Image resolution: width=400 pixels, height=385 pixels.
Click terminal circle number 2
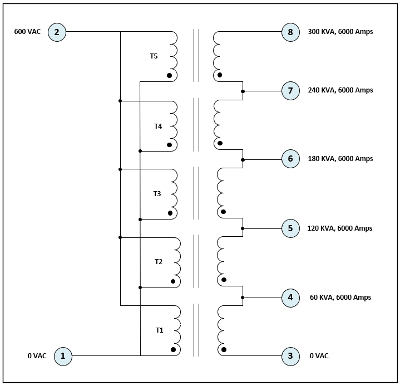pyautogui.click(x=57, y=32)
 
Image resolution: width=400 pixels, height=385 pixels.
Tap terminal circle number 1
pyautogui.click(x=63, y=355)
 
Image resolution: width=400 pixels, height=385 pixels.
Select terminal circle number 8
pyautogui.click(x=290, y=32)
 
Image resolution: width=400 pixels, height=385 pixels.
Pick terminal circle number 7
pyautogui.click(x=290, y=90)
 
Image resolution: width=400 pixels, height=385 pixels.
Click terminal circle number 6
pyautogui.click(x=290, y=159)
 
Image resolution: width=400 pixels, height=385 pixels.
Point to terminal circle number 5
pyautogui.click(x=290, y=228)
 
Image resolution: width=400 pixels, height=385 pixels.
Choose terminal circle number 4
pyautogui.click(x=290, y=298)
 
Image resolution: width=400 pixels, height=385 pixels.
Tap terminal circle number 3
pyautogui.click(x=290, y=355)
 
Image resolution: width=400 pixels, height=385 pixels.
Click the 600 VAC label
pyautogui.click(x=27, y=32)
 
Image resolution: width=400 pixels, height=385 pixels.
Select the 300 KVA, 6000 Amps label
pyautogui.click(x=340, y=32)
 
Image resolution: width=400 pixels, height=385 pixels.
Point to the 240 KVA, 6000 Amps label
pyautogui.click(x=340, y=90)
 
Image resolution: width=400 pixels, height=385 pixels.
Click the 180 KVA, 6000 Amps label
pyautogui.click(x=340, y=159)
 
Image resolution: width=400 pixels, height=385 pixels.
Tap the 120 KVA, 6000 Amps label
pyautogui.click(x=339, y=228)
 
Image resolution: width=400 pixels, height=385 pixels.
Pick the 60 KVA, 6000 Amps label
pyautogui.click(x=340, y=298)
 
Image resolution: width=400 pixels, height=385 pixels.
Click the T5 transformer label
pyautogui.click(x=154, y=56)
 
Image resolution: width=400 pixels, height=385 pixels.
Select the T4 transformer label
pyautogui.click(x=158, y=126)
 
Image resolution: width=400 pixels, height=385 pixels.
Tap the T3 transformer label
pyautogui.click(x=157, y=194)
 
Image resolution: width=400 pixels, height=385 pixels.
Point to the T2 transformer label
pyautogui.click(x=159, y=262)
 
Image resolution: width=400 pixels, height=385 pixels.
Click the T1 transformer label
pyautogui.click(x=160, y=330)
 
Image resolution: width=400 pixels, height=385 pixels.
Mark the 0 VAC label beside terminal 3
pyautogui.click(x=319, y=355)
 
